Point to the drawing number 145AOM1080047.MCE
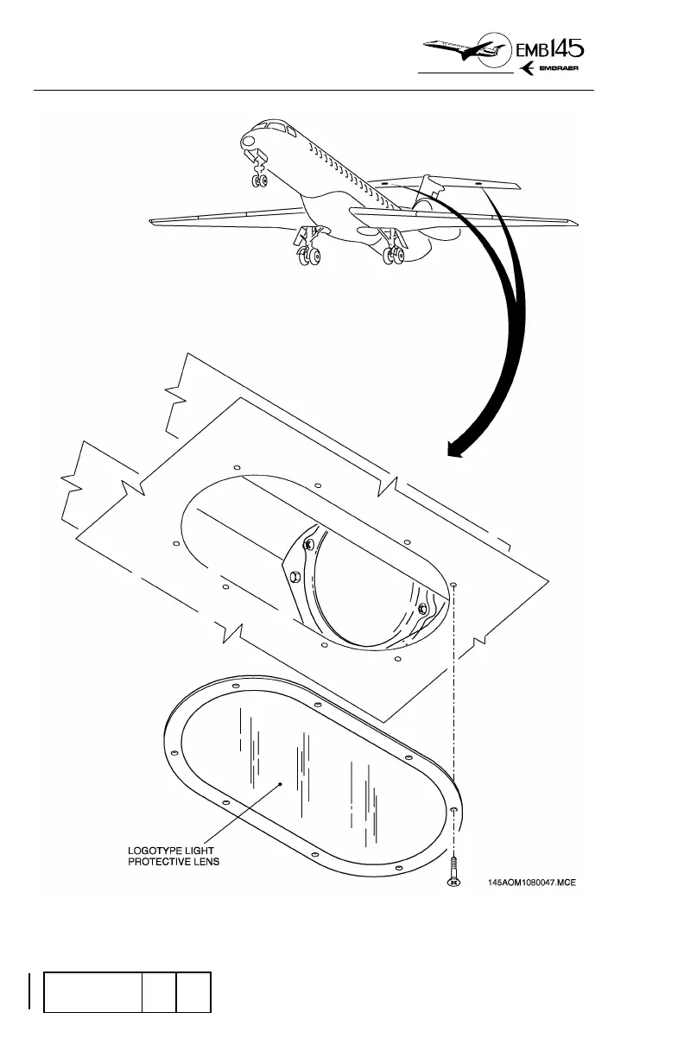544,883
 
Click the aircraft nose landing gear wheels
257,180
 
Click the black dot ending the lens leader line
281,784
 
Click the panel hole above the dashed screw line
454,585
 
